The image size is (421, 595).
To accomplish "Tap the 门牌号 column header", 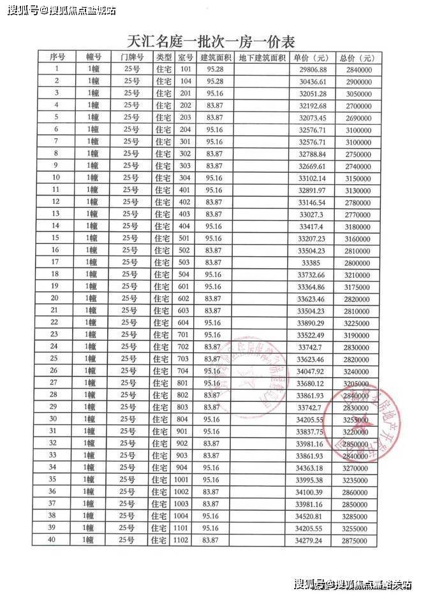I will [x=131, y=57].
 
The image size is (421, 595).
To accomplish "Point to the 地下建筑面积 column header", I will [x=262, y=57].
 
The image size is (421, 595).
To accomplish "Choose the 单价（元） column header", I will [x=311, y=57].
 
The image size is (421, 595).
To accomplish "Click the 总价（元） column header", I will [x=356, y=57].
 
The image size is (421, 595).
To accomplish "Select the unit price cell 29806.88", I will [x=312, y=69].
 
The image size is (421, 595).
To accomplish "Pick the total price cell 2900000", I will [x=356, y=81].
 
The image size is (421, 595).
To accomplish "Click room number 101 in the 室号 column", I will [x=186, y=69].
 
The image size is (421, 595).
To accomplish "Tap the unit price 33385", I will [x=312, y=262].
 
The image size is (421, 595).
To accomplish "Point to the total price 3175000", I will [x=356, y=286].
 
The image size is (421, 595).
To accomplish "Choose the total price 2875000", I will [x=356, y=540].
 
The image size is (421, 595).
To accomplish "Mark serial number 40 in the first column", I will [x=57, y=540].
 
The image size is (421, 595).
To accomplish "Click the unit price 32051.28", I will [x=312, y=93].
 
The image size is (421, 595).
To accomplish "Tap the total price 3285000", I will [x=356, y=515].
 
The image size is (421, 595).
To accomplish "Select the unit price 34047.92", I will [x=312, y=370].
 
